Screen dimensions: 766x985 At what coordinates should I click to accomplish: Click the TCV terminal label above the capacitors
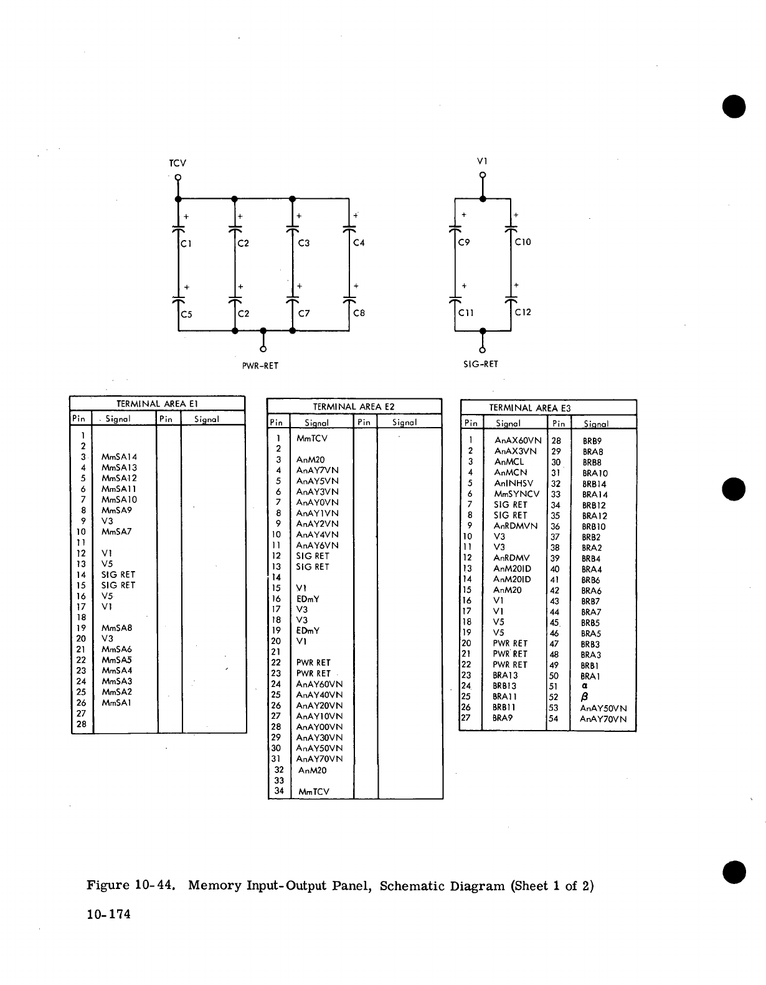pos(177,163)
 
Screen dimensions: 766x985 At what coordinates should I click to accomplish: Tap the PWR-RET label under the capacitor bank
pos(260,366)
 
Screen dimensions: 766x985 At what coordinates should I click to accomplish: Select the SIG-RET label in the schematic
pos(481,364)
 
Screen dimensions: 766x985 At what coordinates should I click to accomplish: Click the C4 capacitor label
pos(359,243)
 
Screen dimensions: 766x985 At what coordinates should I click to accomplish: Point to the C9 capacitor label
pos(463,243)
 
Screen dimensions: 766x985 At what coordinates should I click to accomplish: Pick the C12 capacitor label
pos(523,312)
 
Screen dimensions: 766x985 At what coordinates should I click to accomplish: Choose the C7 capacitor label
pos(304,313)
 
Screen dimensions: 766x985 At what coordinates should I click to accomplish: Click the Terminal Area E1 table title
pos(157,403)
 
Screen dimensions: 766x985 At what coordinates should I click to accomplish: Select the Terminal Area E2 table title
pos(354,406)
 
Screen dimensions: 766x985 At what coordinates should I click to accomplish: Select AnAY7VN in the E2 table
pos(318,470)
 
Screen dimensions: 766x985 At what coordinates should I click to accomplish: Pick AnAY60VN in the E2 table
pos(319,684)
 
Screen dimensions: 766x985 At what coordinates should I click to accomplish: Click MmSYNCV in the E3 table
pos(517,494)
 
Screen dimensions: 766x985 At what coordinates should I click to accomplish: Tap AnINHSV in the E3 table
pos(514,483)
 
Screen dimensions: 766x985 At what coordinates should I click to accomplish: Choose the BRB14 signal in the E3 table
pos(594,484)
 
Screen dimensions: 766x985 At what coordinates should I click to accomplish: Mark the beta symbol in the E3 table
pos(585,697)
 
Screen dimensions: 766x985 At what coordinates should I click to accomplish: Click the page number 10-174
pos(109,915)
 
